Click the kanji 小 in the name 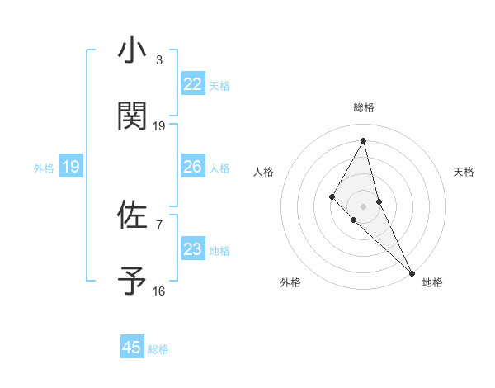pos(132,51)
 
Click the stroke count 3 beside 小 pos(159,60)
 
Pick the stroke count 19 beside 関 pos(159,126)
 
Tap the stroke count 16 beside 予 pos(159,291)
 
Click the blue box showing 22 pos(193,84)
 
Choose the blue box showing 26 pos(193,167)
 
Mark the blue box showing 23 pos(193,249)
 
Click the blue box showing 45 pos(132,348)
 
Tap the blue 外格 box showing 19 pos(71,167)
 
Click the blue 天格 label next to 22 pos(219,85)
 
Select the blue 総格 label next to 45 pos(158,348)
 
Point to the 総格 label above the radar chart pos(364,108)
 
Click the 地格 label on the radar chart pos(432,283)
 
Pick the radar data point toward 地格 pos(412,272)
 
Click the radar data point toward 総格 pos(363,140)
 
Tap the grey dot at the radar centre pos(363,206)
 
